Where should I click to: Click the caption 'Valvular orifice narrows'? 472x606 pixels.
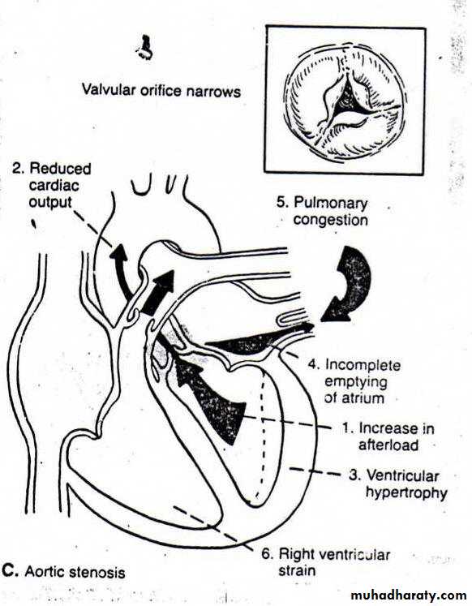pos(161,91)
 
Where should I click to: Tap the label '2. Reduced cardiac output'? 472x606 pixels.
pos(52,186)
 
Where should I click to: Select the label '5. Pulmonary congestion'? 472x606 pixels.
pos(323,211)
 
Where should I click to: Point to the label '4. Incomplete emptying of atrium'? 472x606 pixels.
pos(354,381)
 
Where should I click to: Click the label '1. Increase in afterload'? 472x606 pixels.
pos(388,436)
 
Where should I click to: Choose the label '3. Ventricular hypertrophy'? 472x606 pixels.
pos(398,484)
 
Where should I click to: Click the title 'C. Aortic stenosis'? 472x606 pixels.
pos(63,572)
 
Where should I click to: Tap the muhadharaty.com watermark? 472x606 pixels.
pos(410,595)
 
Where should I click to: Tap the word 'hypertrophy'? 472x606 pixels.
pos(407,492)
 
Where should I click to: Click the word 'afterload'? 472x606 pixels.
pos(388,445)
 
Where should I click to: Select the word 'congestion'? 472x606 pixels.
pos(331,220)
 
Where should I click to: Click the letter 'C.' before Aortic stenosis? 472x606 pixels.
pos(10,571)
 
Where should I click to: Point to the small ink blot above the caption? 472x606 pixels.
pos(144,48)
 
